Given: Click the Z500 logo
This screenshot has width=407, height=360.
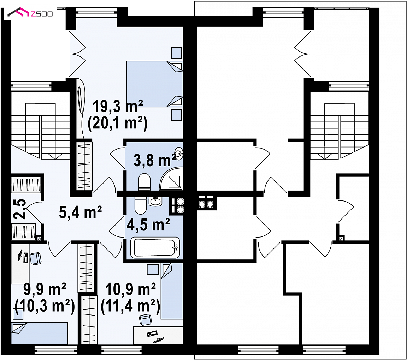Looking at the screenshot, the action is [x=30, y=12].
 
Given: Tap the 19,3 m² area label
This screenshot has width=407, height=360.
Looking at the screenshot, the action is [x=118, y=106].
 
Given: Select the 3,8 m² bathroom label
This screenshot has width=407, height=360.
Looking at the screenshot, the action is [x=155, y=160].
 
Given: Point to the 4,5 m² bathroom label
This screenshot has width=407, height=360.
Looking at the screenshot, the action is [x=148, y=224].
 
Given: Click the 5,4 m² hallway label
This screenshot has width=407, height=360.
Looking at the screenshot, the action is [x=80, y=212].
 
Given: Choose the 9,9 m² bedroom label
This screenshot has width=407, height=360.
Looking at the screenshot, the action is [x=45, y=289].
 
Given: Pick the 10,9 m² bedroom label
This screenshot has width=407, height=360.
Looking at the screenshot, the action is [x=131, y=289].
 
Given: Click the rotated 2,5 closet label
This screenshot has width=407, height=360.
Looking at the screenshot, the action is [x=20, y=209].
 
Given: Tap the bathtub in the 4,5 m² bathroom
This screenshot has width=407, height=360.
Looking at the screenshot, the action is [x=155, y=248].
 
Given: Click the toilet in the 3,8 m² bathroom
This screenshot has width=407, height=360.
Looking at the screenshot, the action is [x=144, y=181].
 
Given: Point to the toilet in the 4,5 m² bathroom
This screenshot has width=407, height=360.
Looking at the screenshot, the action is [x=140, y=206].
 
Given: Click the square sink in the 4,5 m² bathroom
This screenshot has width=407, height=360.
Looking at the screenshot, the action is [x=155, y=202].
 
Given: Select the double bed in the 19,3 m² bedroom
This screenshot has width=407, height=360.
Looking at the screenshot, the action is [x=154, y=84].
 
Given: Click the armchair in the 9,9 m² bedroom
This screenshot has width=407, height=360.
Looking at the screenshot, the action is [x=36, y=259].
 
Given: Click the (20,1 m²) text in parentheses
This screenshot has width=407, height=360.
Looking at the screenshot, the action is [x=118, y=123].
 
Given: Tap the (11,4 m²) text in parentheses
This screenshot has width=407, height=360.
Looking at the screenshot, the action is [x=130, y=306].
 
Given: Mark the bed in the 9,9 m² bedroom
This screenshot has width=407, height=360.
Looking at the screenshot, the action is [x=40, y=334].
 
